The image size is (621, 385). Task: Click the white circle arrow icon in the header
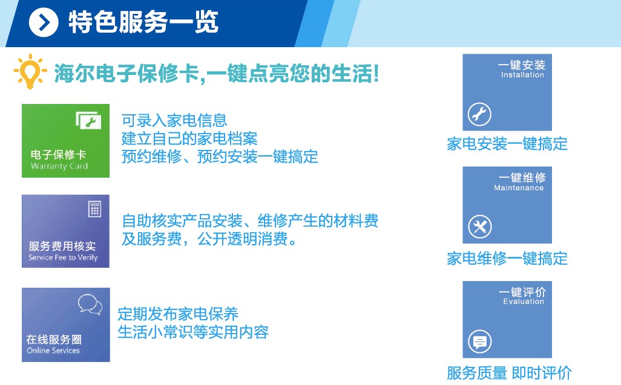[44, 22]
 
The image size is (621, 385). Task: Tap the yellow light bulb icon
[30, 71]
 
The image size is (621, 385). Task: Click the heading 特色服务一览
[143, 22]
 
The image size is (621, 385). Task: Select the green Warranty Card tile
[66, 141]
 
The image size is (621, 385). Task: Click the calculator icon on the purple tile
[94, 209]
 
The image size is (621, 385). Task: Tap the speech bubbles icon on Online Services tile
[90, 304]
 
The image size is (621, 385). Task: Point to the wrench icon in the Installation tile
[479, 114]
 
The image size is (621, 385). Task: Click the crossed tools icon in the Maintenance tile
[480, 227]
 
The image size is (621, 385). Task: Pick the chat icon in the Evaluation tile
[480, 341]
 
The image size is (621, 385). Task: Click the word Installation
[522, 75]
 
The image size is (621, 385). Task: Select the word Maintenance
[519, 188]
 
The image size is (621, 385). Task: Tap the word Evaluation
[524, 302]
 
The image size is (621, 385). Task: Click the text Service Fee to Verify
[63, 257]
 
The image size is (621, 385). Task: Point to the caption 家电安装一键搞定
[507, 144]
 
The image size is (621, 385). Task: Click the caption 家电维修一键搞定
[507, 259]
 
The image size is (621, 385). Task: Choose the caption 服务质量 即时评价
[509, 373]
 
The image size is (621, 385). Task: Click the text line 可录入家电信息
[174, 120]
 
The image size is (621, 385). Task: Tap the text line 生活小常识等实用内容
[193, 332]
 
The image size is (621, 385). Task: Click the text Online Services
[53, 351]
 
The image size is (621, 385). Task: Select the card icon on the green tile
[89, 120]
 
